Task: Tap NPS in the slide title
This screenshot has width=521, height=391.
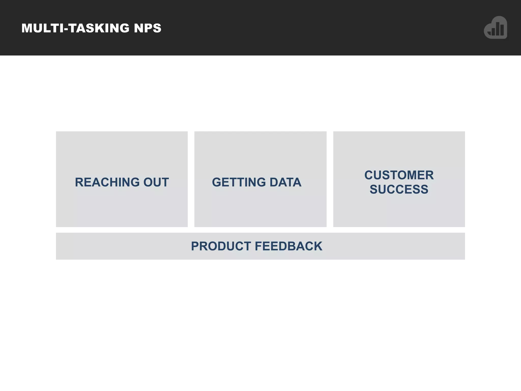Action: coord(148,28)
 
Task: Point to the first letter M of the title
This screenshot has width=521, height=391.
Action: coord(27,28)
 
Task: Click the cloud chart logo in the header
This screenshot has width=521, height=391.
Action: coord(496,27)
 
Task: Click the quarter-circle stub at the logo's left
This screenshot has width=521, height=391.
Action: coord(489,34)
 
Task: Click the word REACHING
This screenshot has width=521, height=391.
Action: coord(107,182)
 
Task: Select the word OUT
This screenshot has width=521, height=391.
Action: coord(156,182)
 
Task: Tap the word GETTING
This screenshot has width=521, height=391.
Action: coord(239,182)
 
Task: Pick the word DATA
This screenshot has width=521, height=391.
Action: coord(285,182)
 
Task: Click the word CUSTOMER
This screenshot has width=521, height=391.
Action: coord(399,175)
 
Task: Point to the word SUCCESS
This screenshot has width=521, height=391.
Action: coord(399,189)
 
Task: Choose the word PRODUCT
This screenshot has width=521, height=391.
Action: coord(221,246)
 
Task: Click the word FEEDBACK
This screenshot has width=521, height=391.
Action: coord(288,246)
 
